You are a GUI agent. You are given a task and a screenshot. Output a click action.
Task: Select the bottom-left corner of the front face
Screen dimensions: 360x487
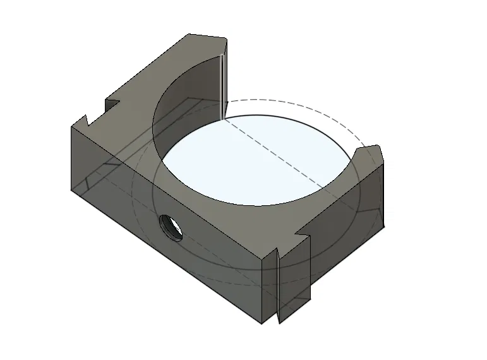pos(71,189)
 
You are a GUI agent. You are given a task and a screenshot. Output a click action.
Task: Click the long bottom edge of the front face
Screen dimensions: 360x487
pos(164,255)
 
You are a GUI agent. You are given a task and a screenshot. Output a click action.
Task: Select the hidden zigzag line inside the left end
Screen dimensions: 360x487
pos(95,177)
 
